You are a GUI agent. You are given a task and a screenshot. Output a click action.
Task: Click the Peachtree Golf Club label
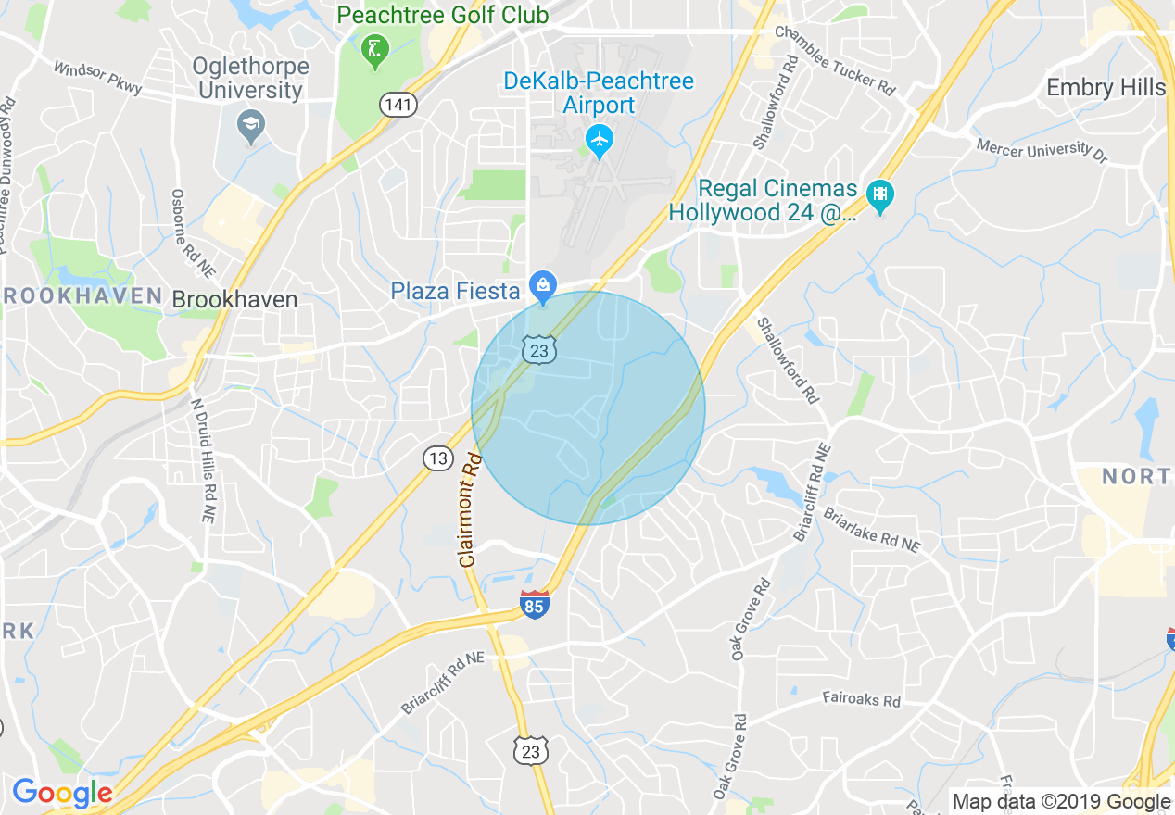click(443, 15)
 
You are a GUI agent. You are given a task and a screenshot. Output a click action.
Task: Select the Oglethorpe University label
click(249, 79)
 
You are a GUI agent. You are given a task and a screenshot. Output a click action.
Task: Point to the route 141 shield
click(398, 105)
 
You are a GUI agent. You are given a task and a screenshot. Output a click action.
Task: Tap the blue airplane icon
click(600, 141)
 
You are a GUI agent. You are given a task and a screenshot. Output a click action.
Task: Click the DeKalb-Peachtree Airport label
click(599, 93)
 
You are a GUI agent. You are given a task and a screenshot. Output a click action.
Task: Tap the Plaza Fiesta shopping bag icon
click(542, 283)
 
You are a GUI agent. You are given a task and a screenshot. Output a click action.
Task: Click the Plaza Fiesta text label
click(455, 292)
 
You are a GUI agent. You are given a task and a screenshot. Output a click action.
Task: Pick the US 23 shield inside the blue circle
click(539, 348)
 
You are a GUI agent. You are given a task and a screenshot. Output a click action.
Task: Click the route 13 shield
click(438, 458)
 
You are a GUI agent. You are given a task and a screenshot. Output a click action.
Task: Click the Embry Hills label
click(1105, 88)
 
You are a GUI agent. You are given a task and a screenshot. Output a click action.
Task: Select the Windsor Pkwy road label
click(98, 79)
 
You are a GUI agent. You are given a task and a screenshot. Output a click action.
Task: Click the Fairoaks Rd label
click(861, 699)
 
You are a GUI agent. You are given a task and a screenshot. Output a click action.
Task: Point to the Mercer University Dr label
click(1042, 149)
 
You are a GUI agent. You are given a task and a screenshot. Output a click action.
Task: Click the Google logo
click(62, 794)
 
